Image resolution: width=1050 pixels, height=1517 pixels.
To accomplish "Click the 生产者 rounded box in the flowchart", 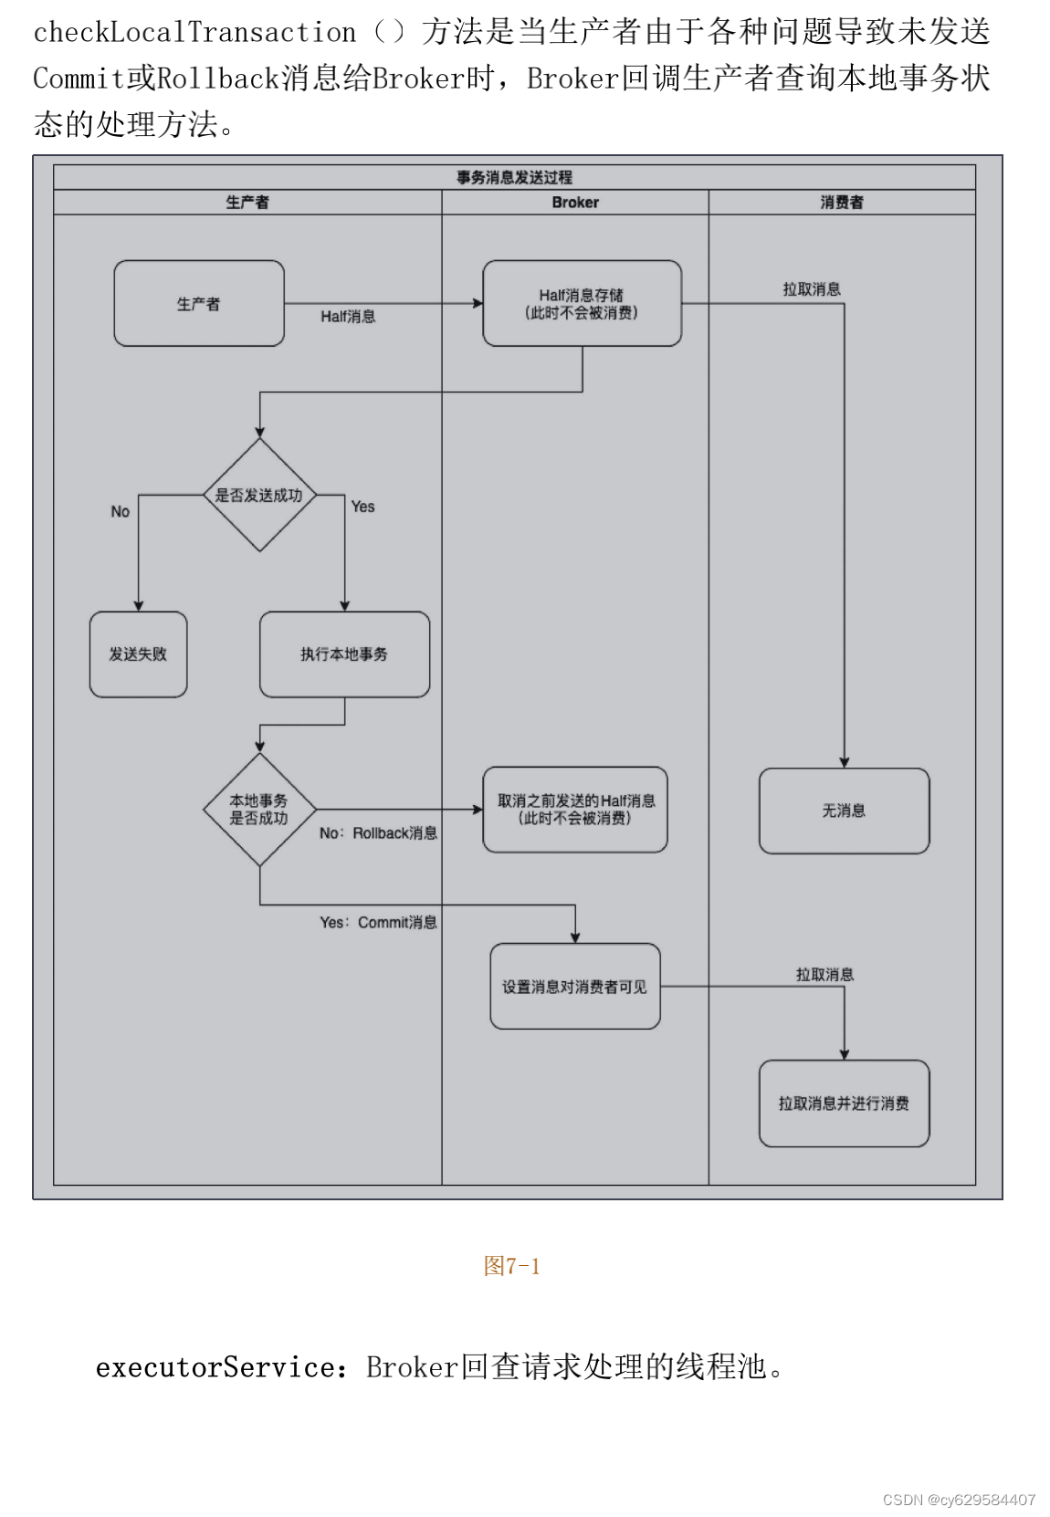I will click(x=198, y=304).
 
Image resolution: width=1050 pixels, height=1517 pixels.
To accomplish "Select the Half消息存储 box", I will click(x=582, y=304).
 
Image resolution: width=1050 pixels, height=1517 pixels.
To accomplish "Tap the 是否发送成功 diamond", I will click(x=259, y=496).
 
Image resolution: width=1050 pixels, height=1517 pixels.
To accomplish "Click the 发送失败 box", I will click(x=138, y=654).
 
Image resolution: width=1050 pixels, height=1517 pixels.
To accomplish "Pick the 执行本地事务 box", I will click(x=344, y=654).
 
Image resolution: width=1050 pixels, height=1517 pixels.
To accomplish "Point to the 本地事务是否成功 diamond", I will click(x=259, y=810).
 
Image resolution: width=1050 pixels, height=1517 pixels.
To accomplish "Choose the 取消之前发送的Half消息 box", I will click(x=575, y=810).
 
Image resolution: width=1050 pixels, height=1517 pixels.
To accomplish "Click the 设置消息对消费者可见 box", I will click(x=575, y=987).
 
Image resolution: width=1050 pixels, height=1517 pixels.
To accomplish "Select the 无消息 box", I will click(x=844, y=811).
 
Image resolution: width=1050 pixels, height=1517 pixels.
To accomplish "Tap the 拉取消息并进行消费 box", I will click(x=844, y=1104).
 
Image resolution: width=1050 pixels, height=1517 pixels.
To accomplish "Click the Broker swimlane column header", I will click(x=575, y=203).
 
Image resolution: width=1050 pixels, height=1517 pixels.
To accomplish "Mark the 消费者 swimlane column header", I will click(x=842, y=203).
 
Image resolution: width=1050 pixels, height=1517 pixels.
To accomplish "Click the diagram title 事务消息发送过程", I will click(x=514, y=177).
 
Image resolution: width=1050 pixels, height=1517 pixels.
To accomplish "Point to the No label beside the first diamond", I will click(x=121, y=512).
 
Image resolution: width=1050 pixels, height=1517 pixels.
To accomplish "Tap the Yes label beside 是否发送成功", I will click(x=362, y=507).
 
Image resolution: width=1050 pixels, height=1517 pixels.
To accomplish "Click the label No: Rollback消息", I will click(x=378, y=833).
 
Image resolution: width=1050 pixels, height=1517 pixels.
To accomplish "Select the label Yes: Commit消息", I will click(x=378, y=923).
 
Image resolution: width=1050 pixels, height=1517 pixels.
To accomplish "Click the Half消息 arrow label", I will click(x=348, y=317).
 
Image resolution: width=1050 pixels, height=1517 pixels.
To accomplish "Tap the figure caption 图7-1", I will click(x=511, y=1266).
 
